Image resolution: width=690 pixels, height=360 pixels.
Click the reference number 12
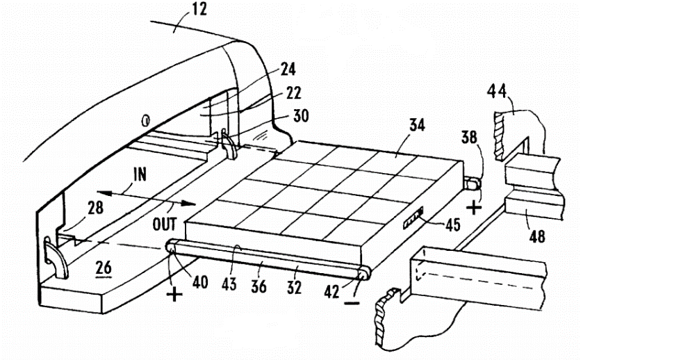click(199, 9)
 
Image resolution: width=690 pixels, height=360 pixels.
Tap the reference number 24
click(288, 69)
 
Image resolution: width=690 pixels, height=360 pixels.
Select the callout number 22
click(293, 92)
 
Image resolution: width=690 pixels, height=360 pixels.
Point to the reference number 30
click(301, 116)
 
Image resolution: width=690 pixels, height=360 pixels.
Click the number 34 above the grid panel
click(417, 125)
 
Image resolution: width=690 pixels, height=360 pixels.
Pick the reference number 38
click(469, 138)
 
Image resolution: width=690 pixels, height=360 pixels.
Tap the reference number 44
click(497, 92)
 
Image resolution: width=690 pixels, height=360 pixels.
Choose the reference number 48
click(537, 237)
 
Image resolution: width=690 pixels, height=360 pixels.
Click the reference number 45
click(452, 225)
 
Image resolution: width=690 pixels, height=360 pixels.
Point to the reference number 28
click(95, 208)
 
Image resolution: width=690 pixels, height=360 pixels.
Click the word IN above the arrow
click(140, 175)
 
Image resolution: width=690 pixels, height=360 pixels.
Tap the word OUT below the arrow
click(164, 224)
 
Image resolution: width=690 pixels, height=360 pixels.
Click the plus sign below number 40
click(174, 293)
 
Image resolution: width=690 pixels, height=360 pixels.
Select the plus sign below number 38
click(474, 207)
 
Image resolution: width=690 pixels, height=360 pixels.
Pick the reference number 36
click(258, 286)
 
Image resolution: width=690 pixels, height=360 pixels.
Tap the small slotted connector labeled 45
click(413, 218)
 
